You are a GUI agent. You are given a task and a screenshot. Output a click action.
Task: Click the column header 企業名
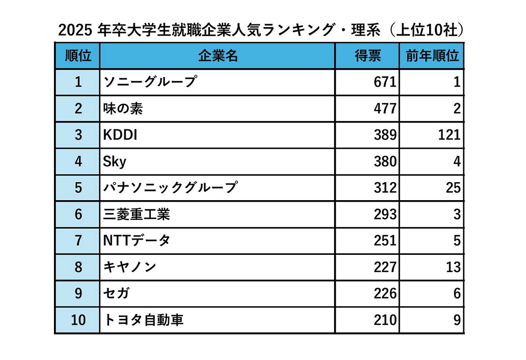coord(218,56)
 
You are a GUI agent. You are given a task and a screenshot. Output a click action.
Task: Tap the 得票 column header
coord(367,56)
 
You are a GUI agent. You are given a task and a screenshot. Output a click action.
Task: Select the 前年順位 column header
coord(432,56)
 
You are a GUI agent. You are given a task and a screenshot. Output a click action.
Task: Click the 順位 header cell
coord(78,56)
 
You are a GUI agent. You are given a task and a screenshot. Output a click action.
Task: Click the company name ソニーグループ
coord(149,82)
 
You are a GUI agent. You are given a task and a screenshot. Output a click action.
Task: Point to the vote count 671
coord(385,82)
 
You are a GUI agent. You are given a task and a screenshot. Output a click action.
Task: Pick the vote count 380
coord(385,162)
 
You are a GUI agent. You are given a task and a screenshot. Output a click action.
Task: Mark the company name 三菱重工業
coord(136,214)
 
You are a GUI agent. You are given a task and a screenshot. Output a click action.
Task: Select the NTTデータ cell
coord(136,240)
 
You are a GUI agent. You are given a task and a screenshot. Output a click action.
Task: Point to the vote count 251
coord(385,240)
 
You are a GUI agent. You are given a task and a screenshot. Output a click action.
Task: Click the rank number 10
coord(78,320)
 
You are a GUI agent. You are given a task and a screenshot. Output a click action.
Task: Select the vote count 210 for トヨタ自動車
coord(385,320)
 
